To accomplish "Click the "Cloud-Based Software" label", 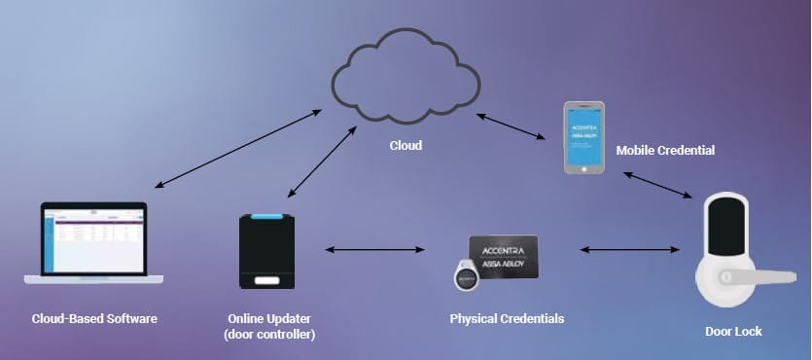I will click(94, 318).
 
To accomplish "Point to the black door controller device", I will click(266, 251).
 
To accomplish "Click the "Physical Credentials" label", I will click(506, 318).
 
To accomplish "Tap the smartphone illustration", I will click(584, 137).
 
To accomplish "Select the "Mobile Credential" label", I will click(665, 151).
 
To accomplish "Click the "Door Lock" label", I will click(733, 332).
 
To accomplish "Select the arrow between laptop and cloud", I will click(238, 148).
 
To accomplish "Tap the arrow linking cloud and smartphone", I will click(510, 130).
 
